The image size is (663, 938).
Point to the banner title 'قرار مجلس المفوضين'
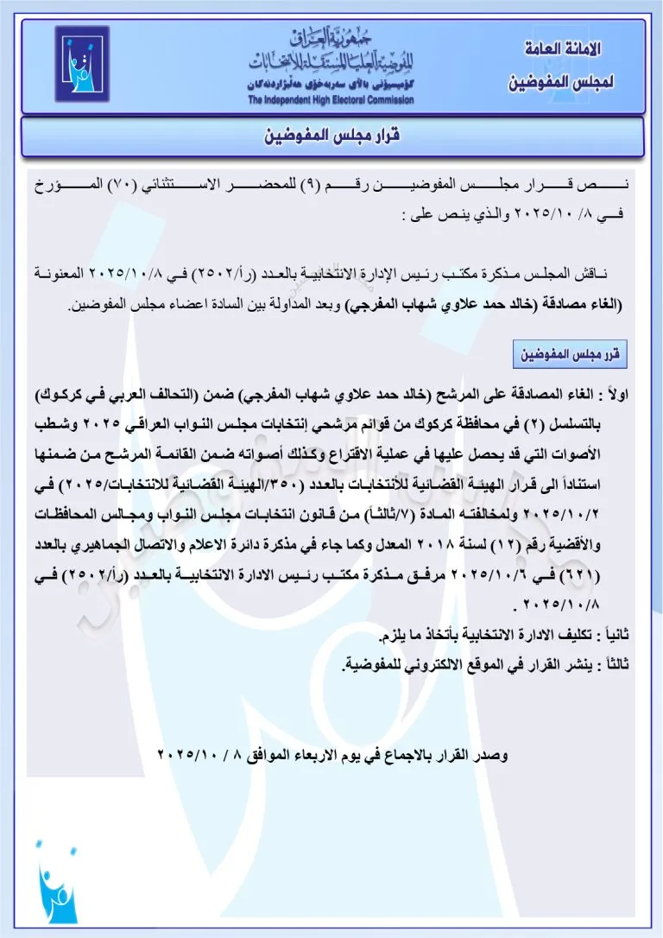pyautogui.click(x=333, y=136)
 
